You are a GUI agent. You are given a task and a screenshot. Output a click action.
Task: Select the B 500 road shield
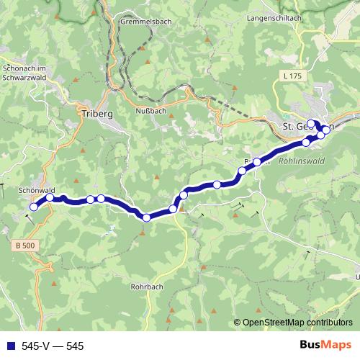[24, 246]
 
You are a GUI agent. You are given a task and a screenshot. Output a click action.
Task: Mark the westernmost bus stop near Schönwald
[32, 207]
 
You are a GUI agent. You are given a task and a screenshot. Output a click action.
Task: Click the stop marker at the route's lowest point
[146, 217]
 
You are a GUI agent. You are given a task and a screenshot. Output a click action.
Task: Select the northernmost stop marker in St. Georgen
[311, 122]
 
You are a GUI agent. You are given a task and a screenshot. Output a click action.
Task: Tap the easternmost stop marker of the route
[326, 130]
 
